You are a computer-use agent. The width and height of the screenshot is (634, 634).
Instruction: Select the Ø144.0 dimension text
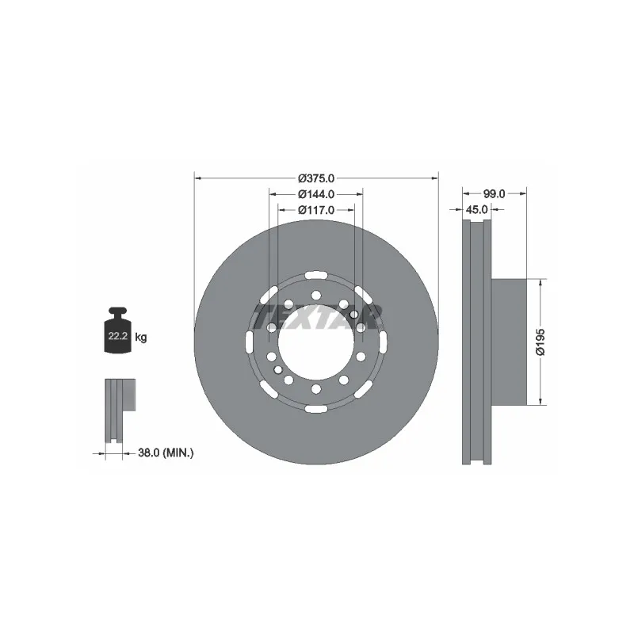coord(316,194)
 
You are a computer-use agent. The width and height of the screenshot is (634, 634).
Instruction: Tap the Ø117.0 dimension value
coord(316,210)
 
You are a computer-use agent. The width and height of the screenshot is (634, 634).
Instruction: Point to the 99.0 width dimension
coord(495,193)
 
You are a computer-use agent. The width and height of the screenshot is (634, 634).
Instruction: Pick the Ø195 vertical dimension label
coord(540,341)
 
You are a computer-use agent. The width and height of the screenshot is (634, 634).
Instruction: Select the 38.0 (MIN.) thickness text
coord(166,453)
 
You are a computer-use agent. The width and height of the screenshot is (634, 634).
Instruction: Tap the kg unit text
coord(141,338)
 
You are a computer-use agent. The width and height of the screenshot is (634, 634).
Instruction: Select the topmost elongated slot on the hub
coord(316,274)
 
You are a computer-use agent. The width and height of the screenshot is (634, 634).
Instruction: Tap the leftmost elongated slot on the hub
coord(250,342)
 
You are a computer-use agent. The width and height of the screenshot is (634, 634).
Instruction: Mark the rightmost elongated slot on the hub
coord(383,342)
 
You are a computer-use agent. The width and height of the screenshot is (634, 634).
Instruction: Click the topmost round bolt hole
coord(316,295)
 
